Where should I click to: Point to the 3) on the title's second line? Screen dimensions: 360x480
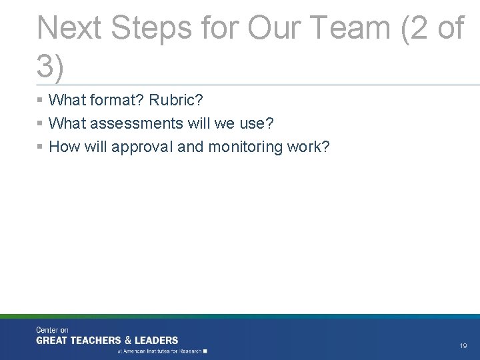(x=51, y=67)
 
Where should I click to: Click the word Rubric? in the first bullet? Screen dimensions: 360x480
(x=176, y=101)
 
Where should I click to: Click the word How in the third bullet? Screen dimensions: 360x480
(x=63, y=147)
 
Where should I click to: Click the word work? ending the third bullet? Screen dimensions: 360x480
(x=310, y=147)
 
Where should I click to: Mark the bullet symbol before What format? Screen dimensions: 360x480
(x=41, y=101)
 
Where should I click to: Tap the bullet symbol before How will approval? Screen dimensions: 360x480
(x=41, y=147)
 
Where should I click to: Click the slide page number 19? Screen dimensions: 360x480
(x=463, y=346)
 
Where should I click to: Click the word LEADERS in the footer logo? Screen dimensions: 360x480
(x=157, y=341)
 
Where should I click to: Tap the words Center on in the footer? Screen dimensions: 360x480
(x=52, y=330)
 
